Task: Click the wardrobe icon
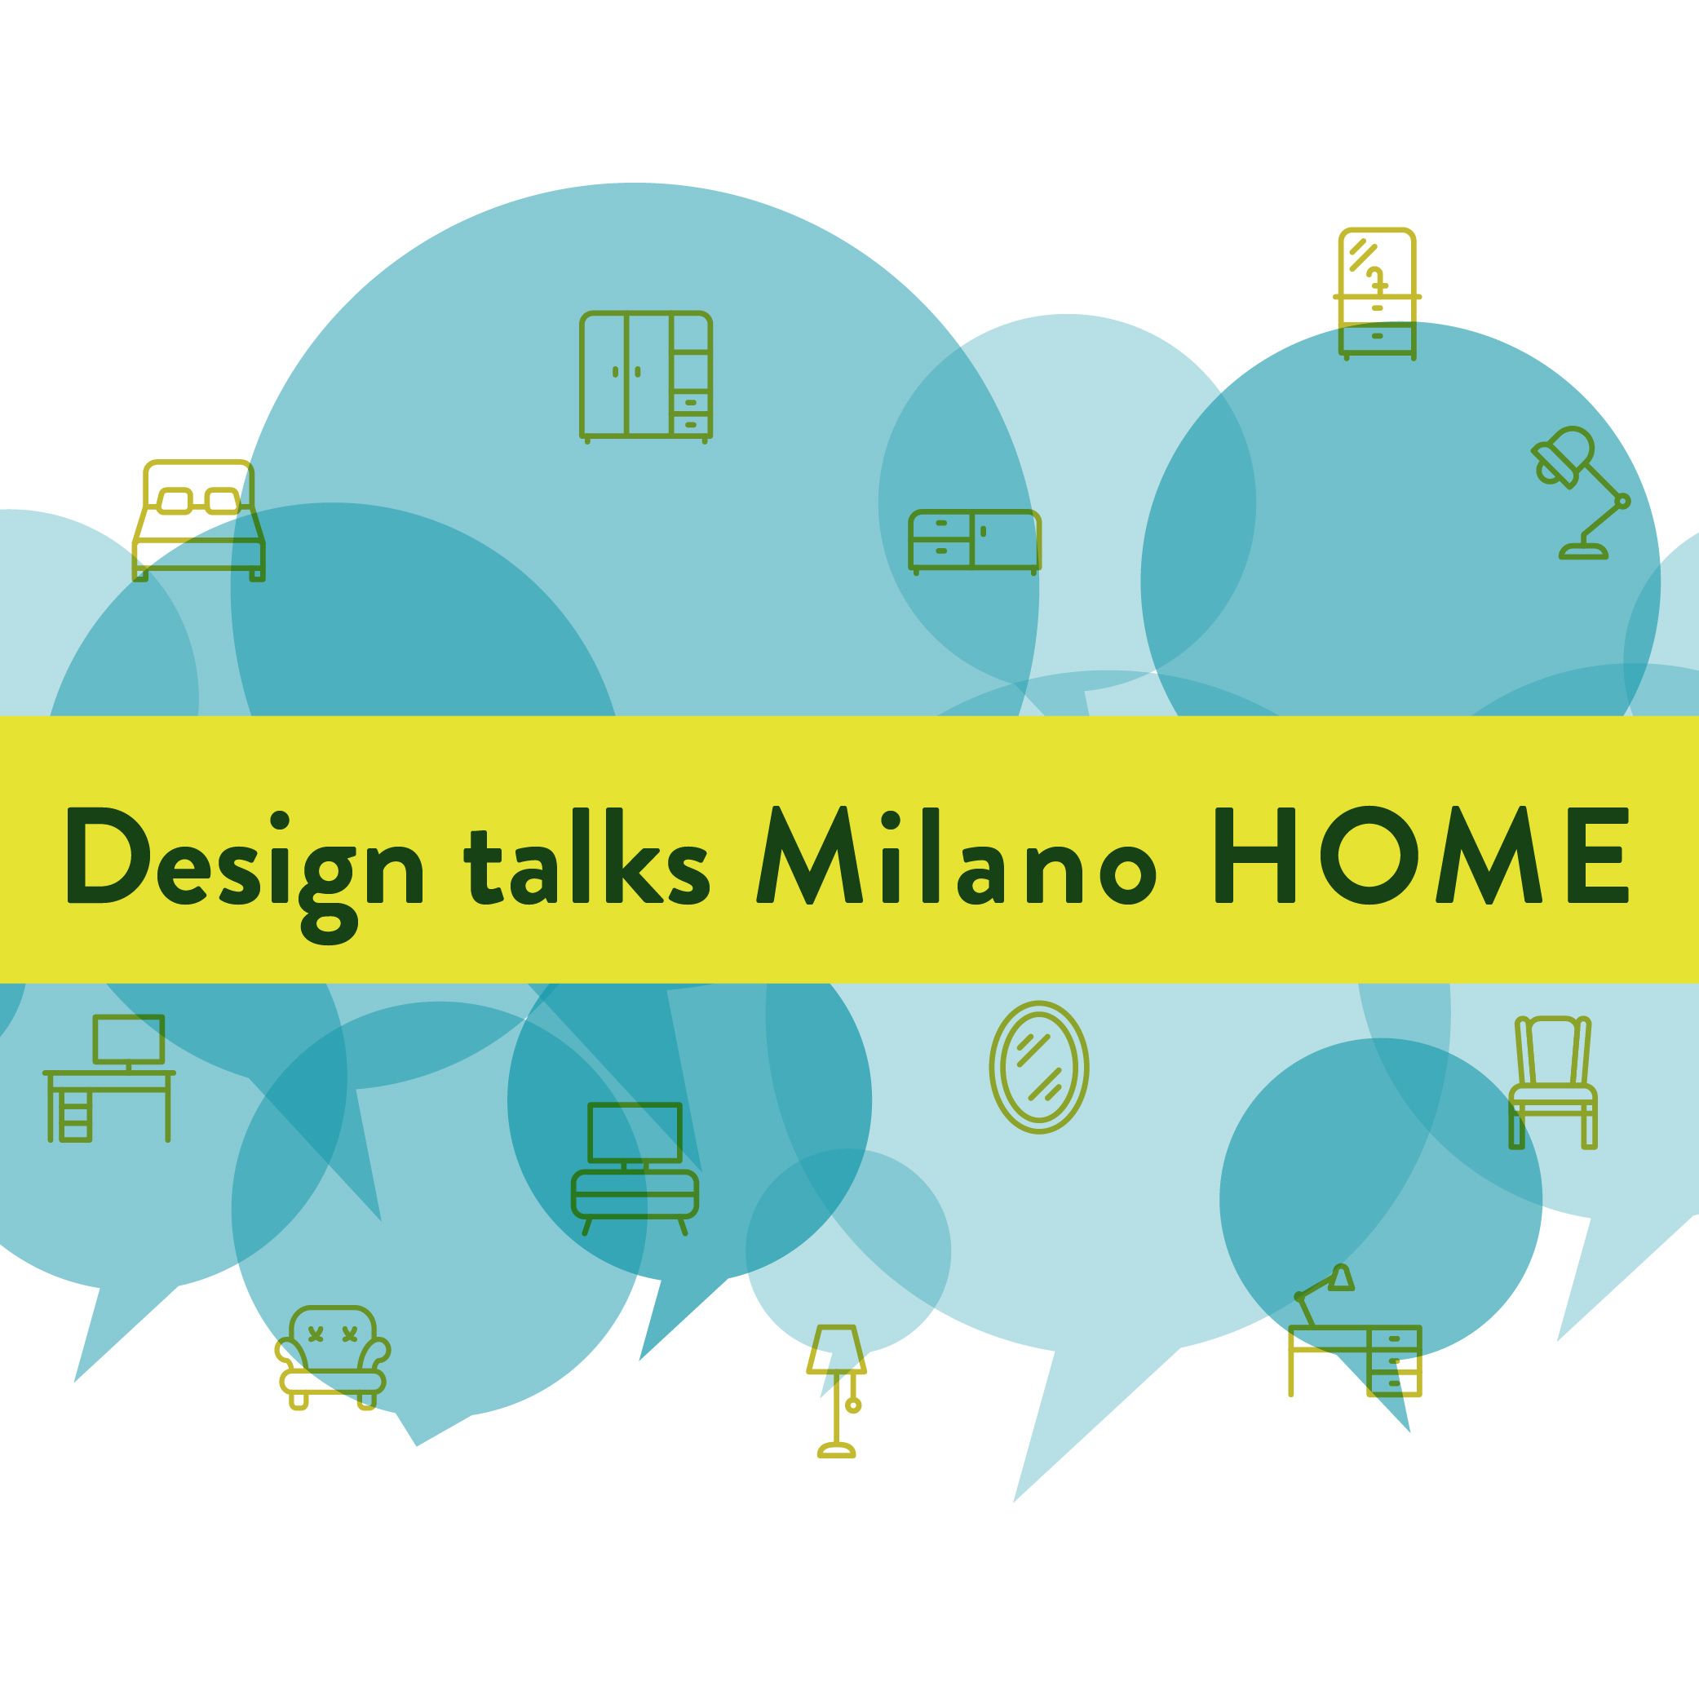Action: [x=645, y=376]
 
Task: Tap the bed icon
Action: [x=198, y=520]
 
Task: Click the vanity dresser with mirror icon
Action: [x=1377, y=294]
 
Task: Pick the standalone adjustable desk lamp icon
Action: [x=1580, y=493]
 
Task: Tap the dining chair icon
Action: [x=1553, y=1082]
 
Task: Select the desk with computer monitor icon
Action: [x=109, y=1078]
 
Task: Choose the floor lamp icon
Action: [x=836, y=1403]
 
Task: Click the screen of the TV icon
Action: [x=635, y=1133]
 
